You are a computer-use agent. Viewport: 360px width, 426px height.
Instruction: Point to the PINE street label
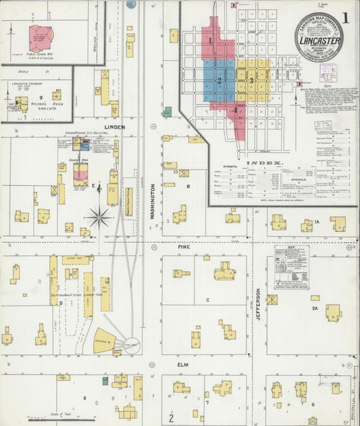point(184,247)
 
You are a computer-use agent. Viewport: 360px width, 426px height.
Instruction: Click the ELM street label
point(182,364)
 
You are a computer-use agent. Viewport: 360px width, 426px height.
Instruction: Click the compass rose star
point(99,217)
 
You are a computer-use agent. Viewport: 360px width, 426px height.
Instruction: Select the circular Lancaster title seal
point(318,37)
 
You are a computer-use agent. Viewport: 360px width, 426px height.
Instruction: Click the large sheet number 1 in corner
point(346,18)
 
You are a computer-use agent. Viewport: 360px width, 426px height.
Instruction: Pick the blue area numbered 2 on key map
point(219,80)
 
